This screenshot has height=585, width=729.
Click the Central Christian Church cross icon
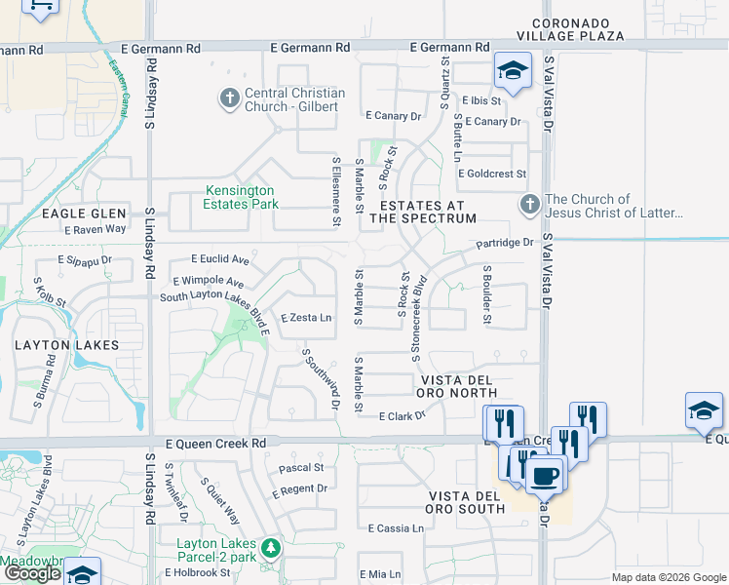point(229,97)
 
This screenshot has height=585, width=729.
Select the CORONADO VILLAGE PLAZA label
point(578,29)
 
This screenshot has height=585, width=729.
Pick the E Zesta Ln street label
point(306,318)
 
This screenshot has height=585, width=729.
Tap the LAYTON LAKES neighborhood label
point(67,345)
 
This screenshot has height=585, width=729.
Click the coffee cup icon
point(545,477)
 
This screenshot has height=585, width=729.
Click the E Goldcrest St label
point(491,174)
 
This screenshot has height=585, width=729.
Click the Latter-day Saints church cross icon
point(529,204)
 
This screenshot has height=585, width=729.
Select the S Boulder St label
point(485,295)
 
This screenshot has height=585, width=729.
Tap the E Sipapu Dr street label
point(85,261)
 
